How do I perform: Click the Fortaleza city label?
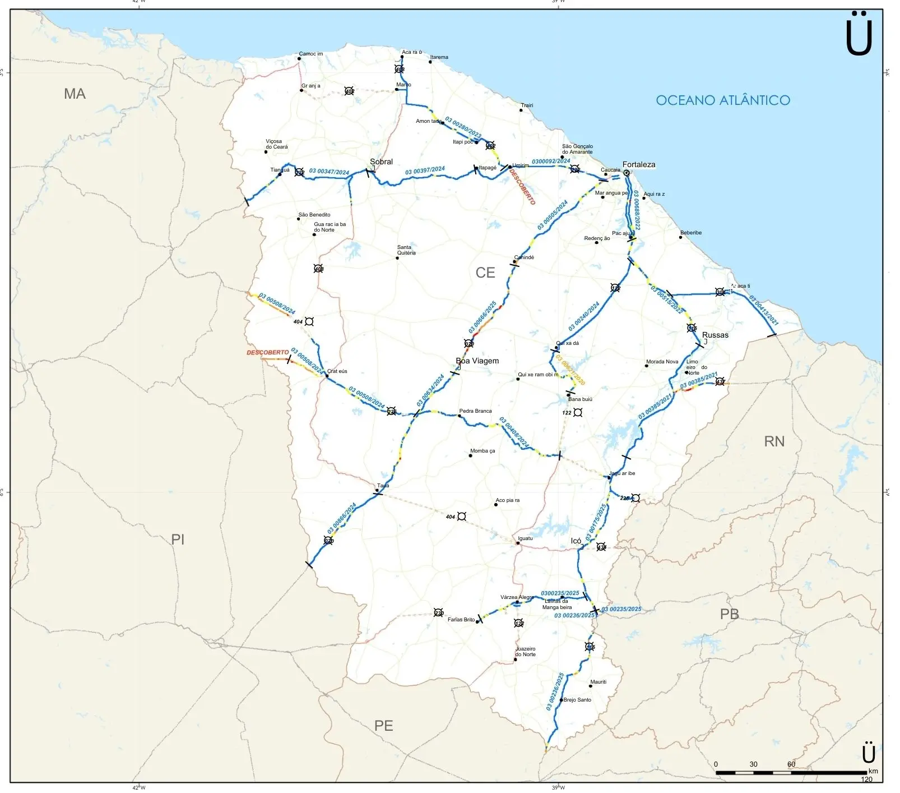point(638,164)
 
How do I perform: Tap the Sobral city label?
point(381,162)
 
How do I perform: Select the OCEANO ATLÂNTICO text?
point(722,100)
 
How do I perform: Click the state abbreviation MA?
point(75,94)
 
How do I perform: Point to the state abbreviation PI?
point(178,540)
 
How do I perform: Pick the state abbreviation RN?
point(774,441)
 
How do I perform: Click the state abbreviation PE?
point(383,726)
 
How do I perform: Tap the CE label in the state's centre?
point(485,273)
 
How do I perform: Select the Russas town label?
point(715,335)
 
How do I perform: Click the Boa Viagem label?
point(477,361)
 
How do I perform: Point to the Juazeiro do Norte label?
point(525,652)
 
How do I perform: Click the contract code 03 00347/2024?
point(329,172)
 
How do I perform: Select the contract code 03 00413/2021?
point(764,311)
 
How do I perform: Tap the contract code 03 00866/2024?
point(342,518)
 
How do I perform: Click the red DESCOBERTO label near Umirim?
point(522,187)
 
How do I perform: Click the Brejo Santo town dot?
point(561,700)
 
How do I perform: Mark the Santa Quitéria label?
point(406,250)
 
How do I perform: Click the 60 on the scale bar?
point(791,764)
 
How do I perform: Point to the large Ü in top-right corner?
point(859,35)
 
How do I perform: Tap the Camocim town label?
point(310,54)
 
